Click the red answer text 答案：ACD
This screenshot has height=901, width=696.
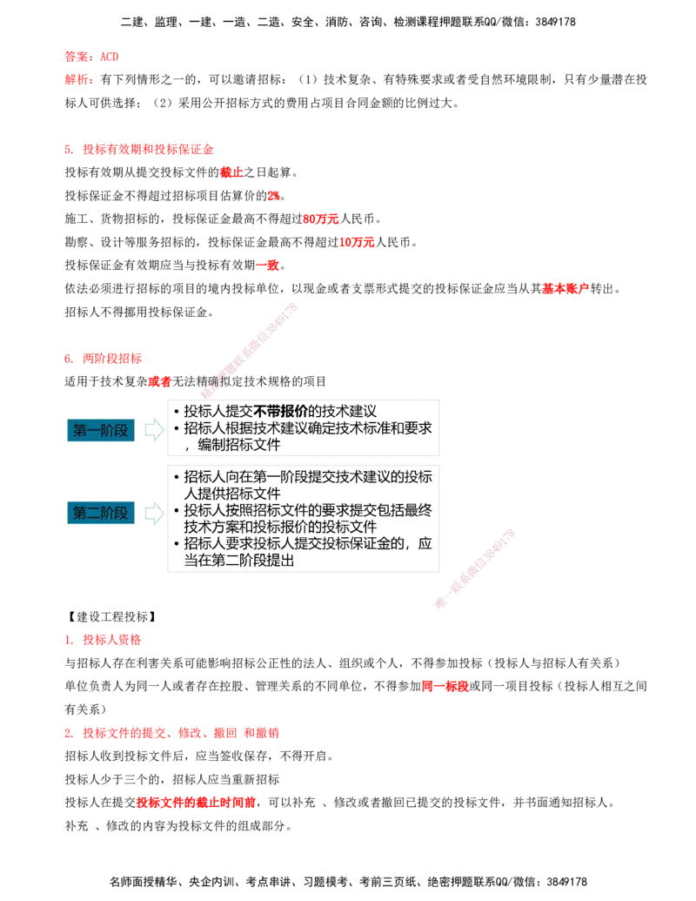pyautogui.click(x=91, y=57)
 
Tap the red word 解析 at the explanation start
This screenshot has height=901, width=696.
pyautogui.click(x=77, y=79)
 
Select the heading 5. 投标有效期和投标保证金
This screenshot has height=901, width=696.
pyautogui.click(x=139, y=150)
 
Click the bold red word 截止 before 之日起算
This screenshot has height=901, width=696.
pyautogui.click(x=231, y=172)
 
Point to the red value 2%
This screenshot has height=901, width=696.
pyautogui.click(x=273, y=196)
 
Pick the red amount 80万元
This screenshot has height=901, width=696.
pyautogui.click(x=321, y=219)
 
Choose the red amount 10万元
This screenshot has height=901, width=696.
pyautogui.click(x=357, y=243)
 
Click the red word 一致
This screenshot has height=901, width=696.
pyautogui.click(x=267, y=265)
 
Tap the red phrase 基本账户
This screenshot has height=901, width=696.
pyautogui.click(x=565, y=288)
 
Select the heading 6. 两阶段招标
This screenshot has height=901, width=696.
pyautogui.click(x=104, y=359)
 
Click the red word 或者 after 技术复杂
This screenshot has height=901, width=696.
pyautogui.click(x=159, y=381)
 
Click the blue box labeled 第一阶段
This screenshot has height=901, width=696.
pyautogui.click(x=101, y=430)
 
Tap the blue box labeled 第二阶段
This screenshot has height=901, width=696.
pyautogui.click(x=101, y=513)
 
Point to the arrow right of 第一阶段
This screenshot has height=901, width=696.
pyautogui.click(x=154, y=430)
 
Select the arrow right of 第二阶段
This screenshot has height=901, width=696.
pyautogui.click(x=154, y=513)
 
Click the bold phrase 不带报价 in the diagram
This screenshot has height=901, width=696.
pyautogui.click(x=280, y=412)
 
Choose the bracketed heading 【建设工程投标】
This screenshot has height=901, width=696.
pyautogui.click(x=112, y=617)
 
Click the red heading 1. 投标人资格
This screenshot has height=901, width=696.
pyautogui.click(x=103, y=640)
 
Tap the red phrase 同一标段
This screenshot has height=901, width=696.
pyautogui.click(x=445, y=686)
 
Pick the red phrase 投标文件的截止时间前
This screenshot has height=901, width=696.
pyautogui.click(x=196, y=802)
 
